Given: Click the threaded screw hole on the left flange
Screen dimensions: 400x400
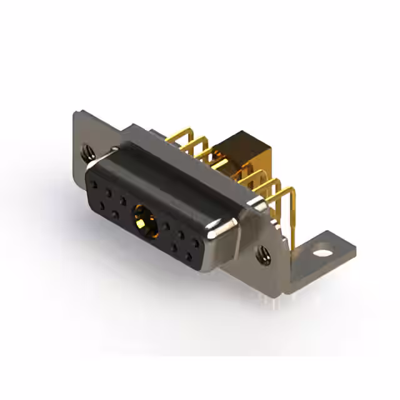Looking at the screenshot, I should point(86,150).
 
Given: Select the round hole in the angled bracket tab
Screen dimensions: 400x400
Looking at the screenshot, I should point(322,254).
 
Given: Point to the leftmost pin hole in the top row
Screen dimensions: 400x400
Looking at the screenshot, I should point(94,186).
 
